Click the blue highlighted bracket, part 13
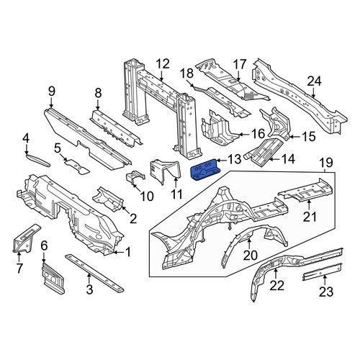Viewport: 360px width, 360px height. pyautogui.click(x=206, y=169)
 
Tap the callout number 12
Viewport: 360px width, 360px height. pyautogui.click(x=163, y=65)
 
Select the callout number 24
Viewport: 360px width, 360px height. pyautogui.click(x=314, y=82)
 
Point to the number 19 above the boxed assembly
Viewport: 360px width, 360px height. pyautogui.click(x=326, y=163)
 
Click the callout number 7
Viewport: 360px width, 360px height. pyautogui.click(x=19, y=268)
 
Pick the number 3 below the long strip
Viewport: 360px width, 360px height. pyautogui.click(x=89, y=289)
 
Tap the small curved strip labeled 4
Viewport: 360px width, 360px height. pyautogui.click(x=38, y=161)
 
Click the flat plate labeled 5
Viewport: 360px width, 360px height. pyautogui.click(x=77, y=166)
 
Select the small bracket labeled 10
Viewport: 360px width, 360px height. pyautogui.click(x=135, y=178)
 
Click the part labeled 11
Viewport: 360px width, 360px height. pyautogui.click(x=166, y=171)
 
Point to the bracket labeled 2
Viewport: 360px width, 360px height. pyautogui.click(x=108, y=200)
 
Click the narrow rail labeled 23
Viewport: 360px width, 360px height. pyautogui.click(x=322, y=272)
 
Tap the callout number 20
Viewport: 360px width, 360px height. pyautogui.click(x=250, y=256)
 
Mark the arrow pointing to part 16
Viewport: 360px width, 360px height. pyautogui.click(x=245, y=135)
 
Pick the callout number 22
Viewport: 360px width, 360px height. pyautogui.click(x=276, y=286)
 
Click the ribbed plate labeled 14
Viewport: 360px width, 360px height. pyautogui.click(x=264, y=152)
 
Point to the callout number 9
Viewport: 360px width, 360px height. pyautogui.click(x=52, y=91)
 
